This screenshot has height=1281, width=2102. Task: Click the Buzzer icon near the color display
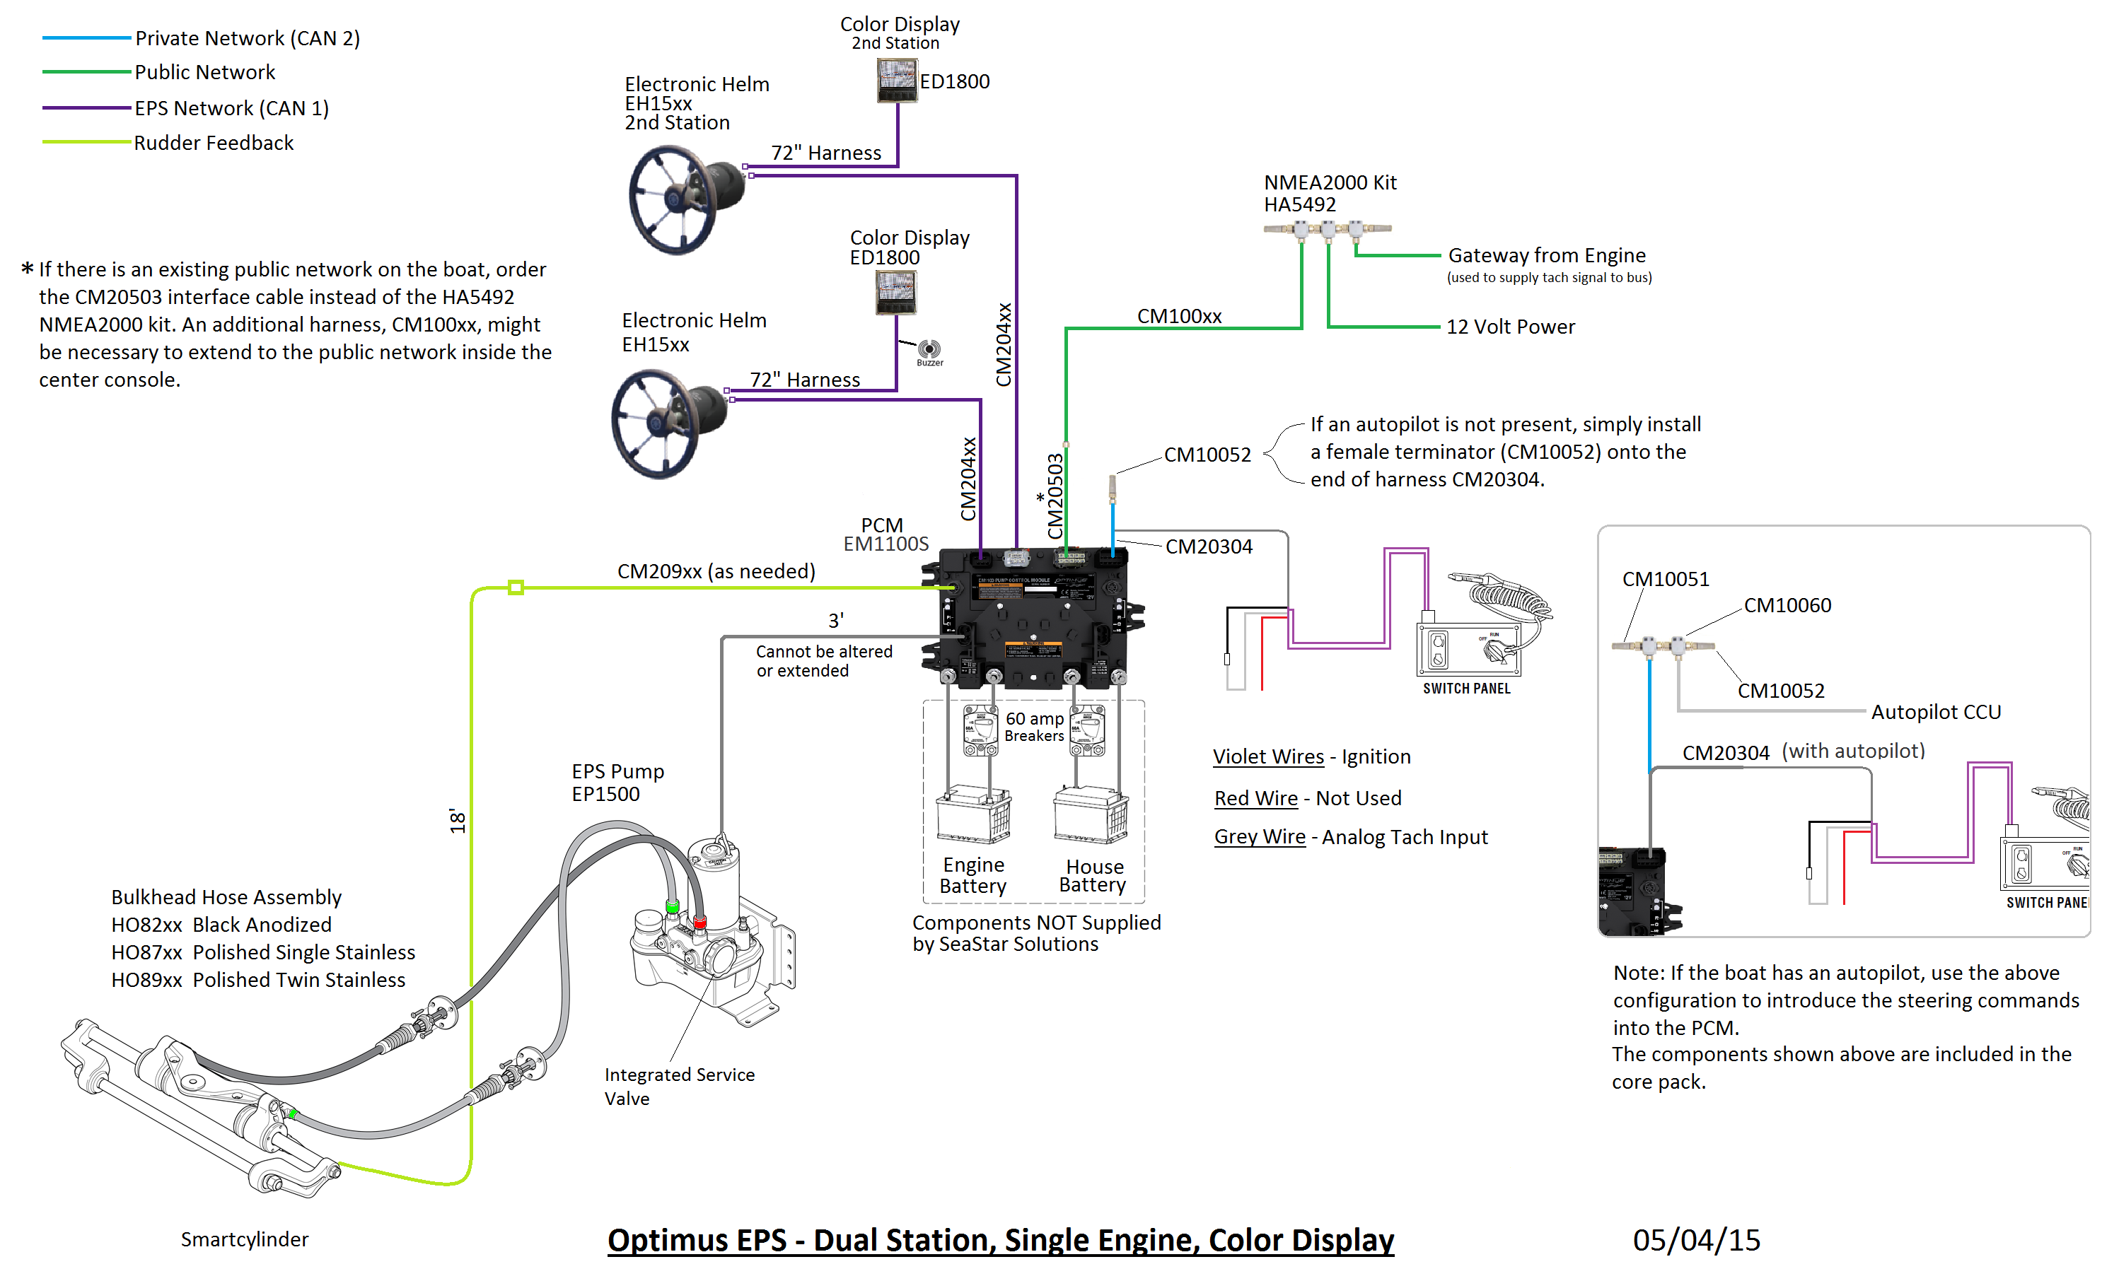coord(929,349)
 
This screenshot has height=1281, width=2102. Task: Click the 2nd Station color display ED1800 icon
coord(897,80)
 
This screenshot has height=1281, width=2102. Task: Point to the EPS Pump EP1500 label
coord(617,783)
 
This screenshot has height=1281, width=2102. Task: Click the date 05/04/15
coord(1696,1240)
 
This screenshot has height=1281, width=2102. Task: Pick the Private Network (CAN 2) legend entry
coord(248,38)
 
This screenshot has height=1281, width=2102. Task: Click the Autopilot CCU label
coord(1936,712)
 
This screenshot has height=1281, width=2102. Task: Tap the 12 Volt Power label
coord(1510,327)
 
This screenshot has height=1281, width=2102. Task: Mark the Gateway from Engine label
coord(1547,256)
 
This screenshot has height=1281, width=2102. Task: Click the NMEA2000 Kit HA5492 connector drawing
coord(1328,228)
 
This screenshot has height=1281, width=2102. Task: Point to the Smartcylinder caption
coord(244,1239)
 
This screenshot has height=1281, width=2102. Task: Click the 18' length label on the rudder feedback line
coord(458,821)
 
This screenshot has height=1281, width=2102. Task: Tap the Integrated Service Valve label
coord(679,1087)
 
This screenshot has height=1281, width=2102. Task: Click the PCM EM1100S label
coord(885,534)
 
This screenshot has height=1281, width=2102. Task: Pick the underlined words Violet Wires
coord(1269,757)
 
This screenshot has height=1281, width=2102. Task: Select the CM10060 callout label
coord(1787,606)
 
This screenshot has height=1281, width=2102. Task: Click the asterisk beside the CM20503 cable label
coord(1040,497)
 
